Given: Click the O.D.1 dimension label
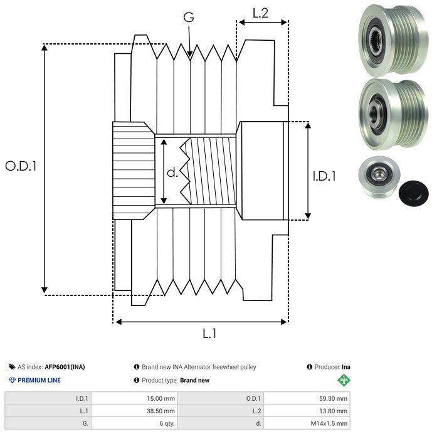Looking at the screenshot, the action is point(21,166).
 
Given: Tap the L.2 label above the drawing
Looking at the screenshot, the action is point(260,13).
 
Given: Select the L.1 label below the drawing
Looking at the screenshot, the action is point(209,333).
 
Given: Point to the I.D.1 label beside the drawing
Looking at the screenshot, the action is point(324,176).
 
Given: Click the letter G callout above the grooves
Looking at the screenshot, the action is point(189,17).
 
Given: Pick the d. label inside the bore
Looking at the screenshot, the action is point(172,172).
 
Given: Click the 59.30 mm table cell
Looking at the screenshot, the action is point(333,398).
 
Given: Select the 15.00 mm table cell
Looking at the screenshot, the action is point(161,398).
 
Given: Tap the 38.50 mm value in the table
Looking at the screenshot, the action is point(161,411).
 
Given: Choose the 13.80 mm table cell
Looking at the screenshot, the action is point(333,411).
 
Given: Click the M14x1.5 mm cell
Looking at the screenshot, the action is point(329,423).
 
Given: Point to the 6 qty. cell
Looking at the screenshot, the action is point(167,423).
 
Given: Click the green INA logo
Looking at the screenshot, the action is point(344,380).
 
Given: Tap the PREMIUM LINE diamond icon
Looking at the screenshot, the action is point(12,380).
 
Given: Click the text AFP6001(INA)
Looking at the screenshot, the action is point(65,367).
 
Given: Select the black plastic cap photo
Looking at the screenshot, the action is point(413,193).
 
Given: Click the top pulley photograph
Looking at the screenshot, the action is point(393,40).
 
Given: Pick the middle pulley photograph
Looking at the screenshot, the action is point(393,114).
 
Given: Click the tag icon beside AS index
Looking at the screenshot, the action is point(12,367).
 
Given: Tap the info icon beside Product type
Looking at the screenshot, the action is point(136,380).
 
